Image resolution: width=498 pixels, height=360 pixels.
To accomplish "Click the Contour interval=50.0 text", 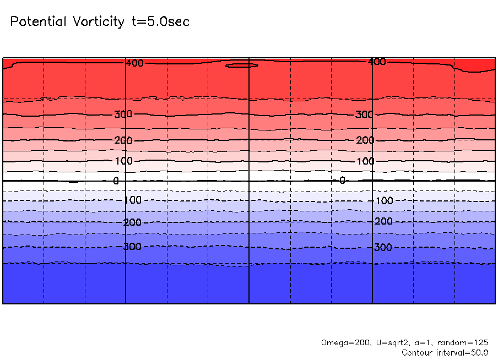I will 445,352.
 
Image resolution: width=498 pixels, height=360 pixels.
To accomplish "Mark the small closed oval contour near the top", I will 242,65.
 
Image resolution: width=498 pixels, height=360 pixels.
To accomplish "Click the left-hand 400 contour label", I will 134,63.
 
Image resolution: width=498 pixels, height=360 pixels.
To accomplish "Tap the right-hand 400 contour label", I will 377,62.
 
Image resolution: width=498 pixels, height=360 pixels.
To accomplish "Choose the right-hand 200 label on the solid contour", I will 365,140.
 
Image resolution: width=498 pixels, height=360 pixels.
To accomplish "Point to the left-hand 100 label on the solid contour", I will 123,161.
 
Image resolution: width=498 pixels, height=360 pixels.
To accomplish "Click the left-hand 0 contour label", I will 116,181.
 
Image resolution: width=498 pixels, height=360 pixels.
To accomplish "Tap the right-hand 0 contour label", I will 342,180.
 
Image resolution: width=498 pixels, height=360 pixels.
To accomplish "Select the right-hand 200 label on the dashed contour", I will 383,221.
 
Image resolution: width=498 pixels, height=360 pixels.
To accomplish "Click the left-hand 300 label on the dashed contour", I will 132,247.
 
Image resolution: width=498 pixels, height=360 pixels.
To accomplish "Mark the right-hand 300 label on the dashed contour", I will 383,248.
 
